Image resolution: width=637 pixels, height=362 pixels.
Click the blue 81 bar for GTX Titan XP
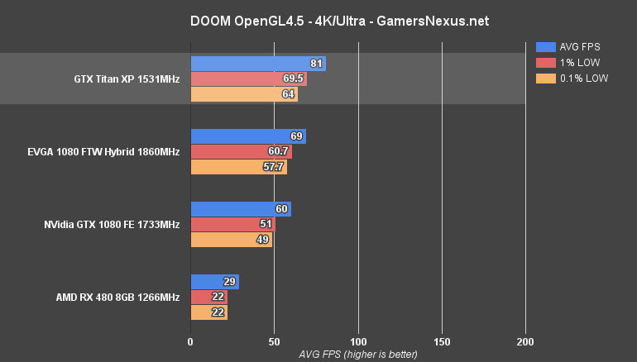pyautogui.click(x=257, y=64)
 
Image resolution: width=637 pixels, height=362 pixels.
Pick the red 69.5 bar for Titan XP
pyautogui.click(x=248, y=79)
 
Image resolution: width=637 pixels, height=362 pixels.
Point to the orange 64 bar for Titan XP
pyautogui.click(x=244, y=95)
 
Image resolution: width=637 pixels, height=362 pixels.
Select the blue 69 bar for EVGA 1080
pyautogui.click(x=248, y=136)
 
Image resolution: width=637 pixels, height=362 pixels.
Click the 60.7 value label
pyautogui.click(x=279, y=152)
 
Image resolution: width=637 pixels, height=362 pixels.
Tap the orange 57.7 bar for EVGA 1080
pyautogui.click(x=238, y=168)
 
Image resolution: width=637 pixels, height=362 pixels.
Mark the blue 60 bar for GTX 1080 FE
pyautogui.click(x=240, y=209)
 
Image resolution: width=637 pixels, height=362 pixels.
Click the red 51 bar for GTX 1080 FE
pyautogui.click(x=232, y=225)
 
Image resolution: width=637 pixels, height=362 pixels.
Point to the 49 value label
pyautogui.click(x=264, y=241)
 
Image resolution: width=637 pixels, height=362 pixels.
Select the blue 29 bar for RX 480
pyautogui.click(x=214, y=282)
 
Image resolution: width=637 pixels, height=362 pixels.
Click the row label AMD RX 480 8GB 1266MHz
pyautogui.click(x=124, y=298)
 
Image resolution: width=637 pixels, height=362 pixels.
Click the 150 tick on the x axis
pyautogui.click(x=443, y=341)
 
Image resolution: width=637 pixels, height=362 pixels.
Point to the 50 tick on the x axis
pyautogui.click(x=275, y=341)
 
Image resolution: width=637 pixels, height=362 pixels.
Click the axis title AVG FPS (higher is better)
pyautogui.click(x=358, y=354)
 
